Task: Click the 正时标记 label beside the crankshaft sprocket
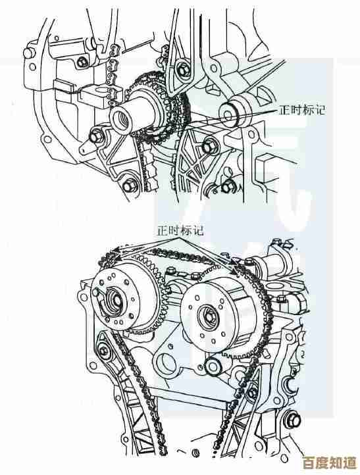pos(302,110)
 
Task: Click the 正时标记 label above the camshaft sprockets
pos(180,231)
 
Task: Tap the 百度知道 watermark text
pos(330,463)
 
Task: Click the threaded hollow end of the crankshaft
pos(121,120)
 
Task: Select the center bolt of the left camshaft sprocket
pos(116,300)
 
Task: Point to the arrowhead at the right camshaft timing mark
pos(234,270)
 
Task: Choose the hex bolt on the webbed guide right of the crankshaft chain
pos(207,147)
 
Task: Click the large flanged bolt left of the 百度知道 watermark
pos(293,420)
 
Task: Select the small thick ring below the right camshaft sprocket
pos(213,365)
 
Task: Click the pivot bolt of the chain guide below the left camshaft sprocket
pos(105,351)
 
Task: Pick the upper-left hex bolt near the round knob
pos(82,62)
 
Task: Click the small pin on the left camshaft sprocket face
pos(97,292)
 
